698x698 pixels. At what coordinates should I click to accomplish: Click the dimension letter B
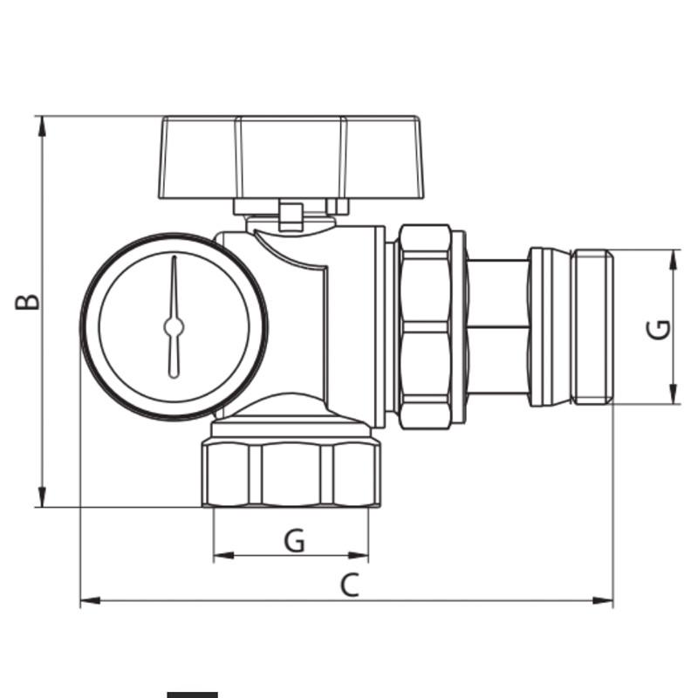tap(29, 301)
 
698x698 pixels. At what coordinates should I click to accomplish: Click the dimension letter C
tap(349, 585)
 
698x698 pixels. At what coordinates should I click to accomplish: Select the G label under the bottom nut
tap(295, 541)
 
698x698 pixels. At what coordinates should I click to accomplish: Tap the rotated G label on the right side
tap(660, 328)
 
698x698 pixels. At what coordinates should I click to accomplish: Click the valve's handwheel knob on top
tap(291, 157)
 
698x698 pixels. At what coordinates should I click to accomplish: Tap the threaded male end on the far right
tap(593, 327)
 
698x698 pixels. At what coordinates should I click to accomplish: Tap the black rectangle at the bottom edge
tap(192, 695)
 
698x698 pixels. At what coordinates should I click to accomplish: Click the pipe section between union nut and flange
tap(497, 326)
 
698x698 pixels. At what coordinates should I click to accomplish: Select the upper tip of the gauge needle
tap(174, 260)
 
